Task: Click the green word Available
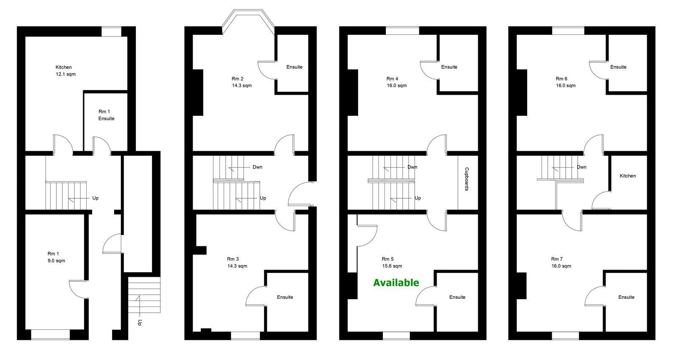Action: pyautogui.click(x=396, y=283)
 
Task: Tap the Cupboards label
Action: pyautogui.click(x=467, y=179)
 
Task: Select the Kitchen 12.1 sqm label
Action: pyautogui.click(x=65, y=70)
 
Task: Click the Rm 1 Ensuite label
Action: pyautogui.click(x=106, y=115)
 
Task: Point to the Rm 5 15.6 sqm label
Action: pyautogui.click(x=392, y=262)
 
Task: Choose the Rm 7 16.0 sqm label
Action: pyautogui.click(x=561, y=262)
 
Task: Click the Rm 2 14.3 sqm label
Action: pyautogui.click(x=241, y=82)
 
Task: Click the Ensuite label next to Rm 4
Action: pyautogui.click(x=449, y=67)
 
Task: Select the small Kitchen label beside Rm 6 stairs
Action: pyautogui.click(x=628, y=176)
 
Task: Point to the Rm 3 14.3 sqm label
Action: pyautogui.click(x=237, y=262)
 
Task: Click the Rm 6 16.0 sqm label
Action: pyautogui.click(x=565, y=82)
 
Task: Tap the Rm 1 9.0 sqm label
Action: pyautogui.click(x=56, y=257)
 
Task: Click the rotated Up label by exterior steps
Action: pyautogui.click(x=140, y=322)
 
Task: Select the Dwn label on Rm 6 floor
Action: pyautogui.click(x=581, y=167)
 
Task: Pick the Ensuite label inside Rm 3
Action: pyautogui.click(x=285, y=297)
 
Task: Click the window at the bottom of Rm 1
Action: pyautogui.click(x=51, y=335)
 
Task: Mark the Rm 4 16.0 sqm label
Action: pyautogui.click(x=396, y=82)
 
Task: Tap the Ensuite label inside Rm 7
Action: pyautogui.click(x=626, y=297)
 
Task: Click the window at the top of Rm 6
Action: pyautogui.click(x=568, y=31)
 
